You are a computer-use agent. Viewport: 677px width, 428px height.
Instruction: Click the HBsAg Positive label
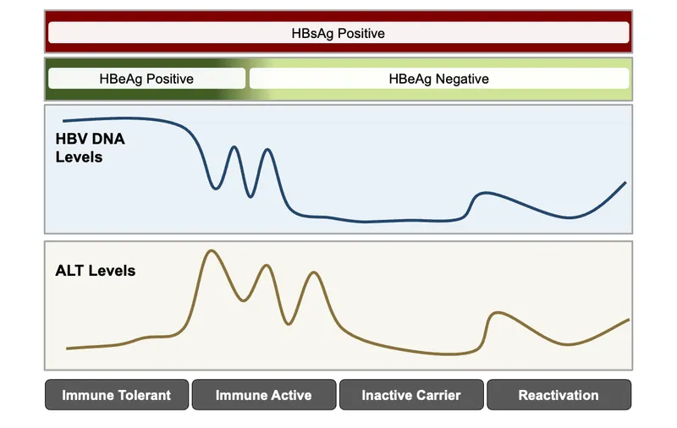click(338, 34)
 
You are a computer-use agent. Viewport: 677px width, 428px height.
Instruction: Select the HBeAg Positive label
click(146, 79)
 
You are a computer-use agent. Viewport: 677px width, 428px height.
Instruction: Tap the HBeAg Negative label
click(438, 79)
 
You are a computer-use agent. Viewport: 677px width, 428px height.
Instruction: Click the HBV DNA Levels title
click(91, 148)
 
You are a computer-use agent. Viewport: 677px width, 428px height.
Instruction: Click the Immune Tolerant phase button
click(116, 395)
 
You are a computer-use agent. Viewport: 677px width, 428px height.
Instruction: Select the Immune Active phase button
click(263, 395)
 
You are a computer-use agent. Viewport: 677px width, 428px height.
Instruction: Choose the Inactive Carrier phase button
click(411, 395)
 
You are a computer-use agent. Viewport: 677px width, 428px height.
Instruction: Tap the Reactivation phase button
click(559, 395)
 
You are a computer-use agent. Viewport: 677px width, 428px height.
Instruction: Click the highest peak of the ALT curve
click(211, 250)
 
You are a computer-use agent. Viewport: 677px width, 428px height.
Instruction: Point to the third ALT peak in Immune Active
click(315, 272)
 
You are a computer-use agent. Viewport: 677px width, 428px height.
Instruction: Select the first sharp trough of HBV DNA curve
click(216, 189)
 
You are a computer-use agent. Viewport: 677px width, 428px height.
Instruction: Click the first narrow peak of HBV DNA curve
click(234, 147)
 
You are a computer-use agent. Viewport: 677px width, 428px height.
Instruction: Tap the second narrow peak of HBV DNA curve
click(268, 150)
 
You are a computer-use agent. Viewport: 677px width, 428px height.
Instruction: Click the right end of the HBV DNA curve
click(625, 182)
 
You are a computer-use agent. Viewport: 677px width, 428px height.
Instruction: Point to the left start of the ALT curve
click(67, 348)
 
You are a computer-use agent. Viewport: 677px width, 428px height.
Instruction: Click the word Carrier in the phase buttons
click(437, 395)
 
